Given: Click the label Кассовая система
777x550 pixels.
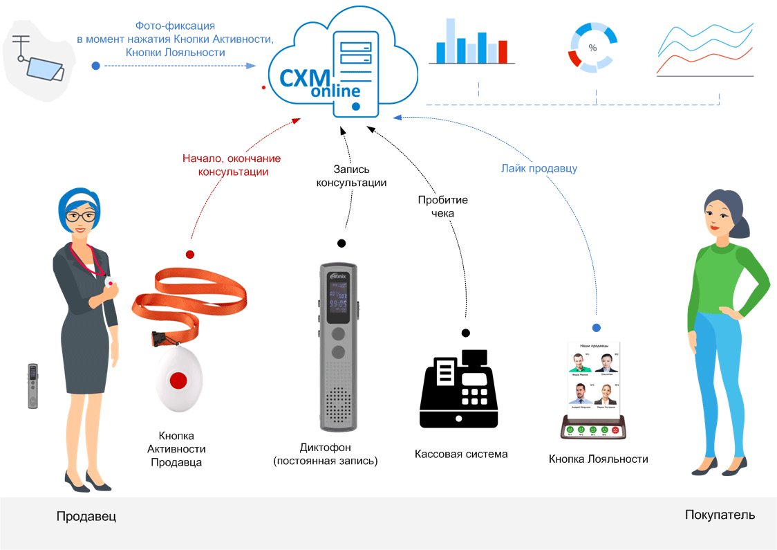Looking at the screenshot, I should click(461, 455).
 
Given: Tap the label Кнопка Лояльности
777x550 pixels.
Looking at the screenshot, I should click(599, 459).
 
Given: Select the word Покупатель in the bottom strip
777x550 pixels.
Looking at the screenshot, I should click(720, 515).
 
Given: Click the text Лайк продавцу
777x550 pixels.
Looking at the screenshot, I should click(539, 168).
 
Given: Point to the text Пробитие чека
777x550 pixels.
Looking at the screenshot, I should click(442, 207).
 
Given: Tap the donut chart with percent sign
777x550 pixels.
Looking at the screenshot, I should click(591, 48).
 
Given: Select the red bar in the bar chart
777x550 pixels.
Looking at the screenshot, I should click(503, 52).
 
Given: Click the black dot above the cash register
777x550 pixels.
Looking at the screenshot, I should click(466, 333).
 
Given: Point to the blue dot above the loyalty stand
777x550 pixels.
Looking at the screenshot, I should click(597, 327).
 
